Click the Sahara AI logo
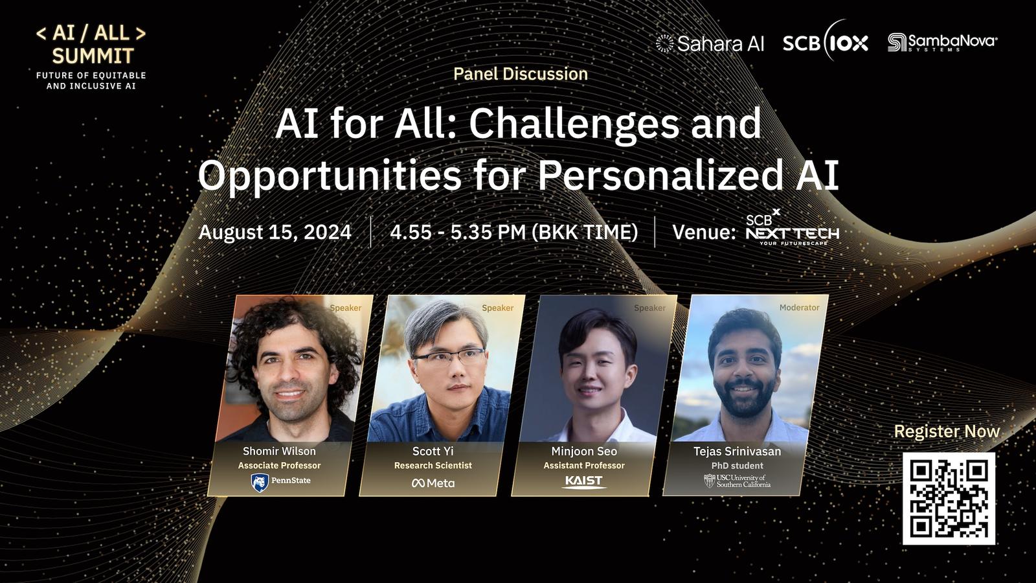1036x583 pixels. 710,43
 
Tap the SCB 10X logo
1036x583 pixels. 826,43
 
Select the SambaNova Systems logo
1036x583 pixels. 943,43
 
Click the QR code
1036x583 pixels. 949,498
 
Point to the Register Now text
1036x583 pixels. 947,431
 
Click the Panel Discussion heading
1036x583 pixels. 521,74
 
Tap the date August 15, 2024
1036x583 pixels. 275,232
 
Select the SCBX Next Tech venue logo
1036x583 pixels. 793,227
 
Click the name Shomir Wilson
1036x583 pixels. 279,451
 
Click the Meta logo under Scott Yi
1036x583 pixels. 433,483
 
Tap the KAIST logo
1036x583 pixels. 583,482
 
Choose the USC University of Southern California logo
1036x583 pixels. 738,481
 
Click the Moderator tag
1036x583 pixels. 799,308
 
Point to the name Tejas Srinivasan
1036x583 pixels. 738,451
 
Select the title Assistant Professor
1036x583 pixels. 583,466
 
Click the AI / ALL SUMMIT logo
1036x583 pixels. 91,58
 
